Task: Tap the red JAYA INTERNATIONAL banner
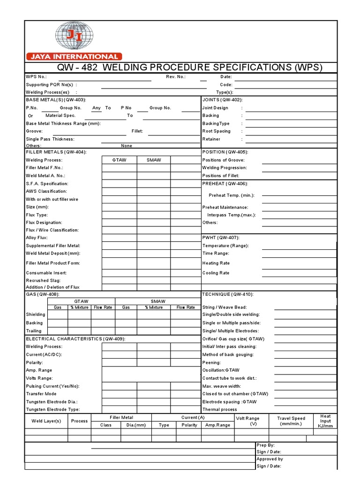74,56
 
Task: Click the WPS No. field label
36,77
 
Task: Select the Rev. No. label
176,77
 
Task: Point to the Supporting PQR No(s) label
50,85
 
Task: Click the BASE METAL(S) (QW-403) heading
56,100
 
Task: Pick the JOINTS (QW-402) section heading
222,100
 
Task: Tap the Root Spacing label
216,131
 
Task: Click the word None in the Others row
127,146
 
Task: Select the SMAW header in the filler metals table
154,160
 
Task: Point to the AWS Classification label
46,191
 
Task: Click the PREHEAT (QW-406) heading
225,183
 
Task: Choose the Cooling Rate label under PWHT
216,273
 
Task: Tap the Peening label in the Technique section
211,362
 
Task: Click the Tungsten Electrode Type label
52,409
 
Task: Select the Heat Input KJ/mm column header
325,421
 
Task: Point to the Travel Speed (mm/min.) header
291,421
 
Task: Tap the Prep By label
265,445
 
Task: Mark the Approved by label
270,459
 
